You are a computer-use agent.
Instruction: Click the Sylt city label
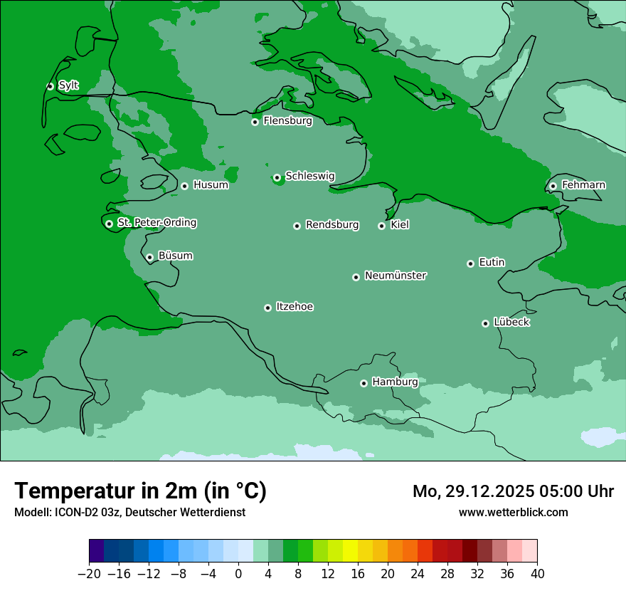pos(68,85)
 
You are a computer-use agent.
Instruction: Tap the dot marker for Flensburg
pos(255,122)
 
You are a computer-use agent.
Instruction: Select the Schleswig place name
pos(309,176)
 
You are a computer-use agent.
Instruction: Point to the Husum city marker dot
pos(184,186)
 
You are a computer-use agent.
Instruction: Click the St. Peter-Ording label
pos(156,223)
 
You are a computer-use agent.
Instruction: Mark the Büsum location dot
pos(149,257)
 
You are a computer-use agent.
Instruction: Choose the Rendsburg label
pos(332,225)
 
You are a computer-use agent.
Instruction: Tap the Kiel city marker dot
pos(381,226)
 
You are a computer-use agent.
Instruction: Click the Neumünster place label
pos(396,276)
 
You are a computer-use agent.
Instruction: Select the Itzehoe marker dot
pos(267,308)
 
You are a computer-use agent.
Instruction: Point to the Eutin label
pos(492,262)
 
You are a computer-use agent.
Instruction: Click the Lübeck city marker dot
pos(485,323)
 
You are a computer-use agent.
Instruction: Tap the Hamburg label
pos(395,382)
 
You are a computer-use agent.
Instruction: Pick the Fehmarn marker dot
pos(553,186)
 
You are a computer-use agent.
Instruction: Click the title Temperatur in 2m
pos(141,491)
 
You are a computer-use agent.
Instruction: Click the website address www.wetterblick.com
pos(513,512)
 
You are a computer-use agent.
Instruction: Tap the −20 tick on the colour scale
pos(90,574)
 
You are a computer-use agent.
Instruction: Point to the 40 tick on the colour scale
pos(537,574)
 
